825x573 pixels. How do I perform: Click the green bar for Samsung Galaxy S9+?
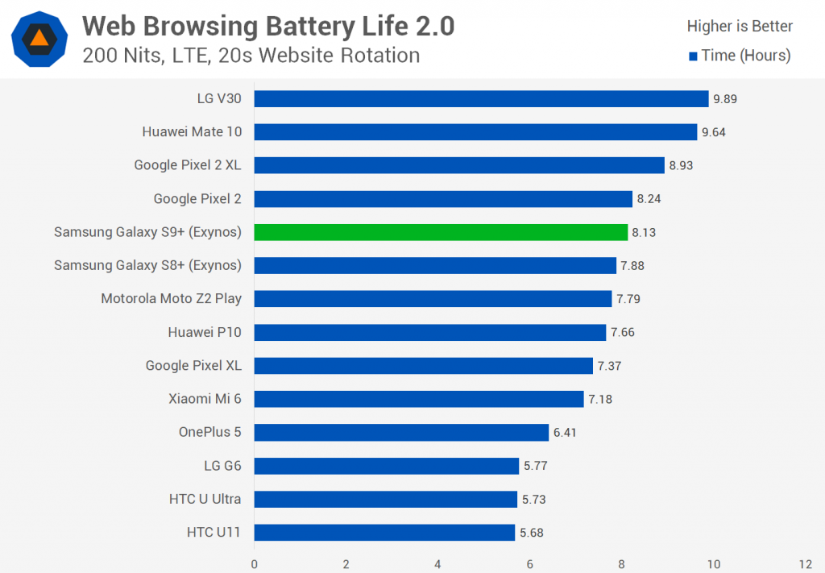pyautogui.click(x=441, y=232)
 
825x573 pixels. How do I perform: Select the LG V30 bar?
pyautogui.click(x=481, y=99)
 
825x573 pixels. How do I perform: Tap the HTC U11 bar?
pyautogui.click(x=384, y=532)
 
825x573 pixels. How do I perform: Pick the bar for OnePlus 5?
pyautogui.click(x=401, y=432)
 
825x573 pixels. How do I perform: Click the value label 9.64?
pyautogui.click(x=714, y=132)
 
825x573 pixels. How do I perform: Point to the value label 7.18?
pyautogui.click(x=600, y=399)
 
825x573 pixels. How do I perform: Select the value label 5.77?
pyautogui.click(x=536, y=465)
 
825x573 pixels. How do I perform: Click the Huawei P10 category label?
pyautogui.click(x=205, y=332)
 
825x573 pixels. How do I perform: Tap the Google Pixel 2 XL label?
pyautogui.click(x=188, y=165)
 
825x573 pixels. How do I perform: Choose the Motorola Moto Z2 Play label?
pyautogui.click(x=171, y=298)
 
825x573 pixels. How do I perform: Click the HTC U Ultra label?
pyautogui.click(x=205, y=499)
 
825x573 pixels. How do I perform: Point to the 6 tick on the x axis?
pyautogui.click(x=530, y=563)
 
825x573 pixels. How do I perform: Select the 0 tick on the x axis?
pyautogui.click(x=255, y=563)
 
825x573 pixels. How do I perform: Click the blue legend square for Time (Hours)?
pyautogui.click(x=692, y=56)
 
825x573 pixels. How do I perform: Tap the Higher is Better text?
pyautogui.click(x=740, y=27)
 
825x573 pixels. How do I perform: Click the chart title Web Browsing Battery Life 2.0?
pyautogui.click(x=268, y=27)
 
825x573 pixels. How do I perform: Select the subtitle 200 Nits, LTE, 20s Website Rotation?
pyautogui.click(x=251, y=56)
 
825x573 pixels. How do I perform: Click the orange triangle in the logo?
pyautogui.click(x=39, y=38)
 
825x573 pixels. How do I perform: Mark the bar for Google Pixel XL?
pyautogui.click(x=424, y=366)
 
